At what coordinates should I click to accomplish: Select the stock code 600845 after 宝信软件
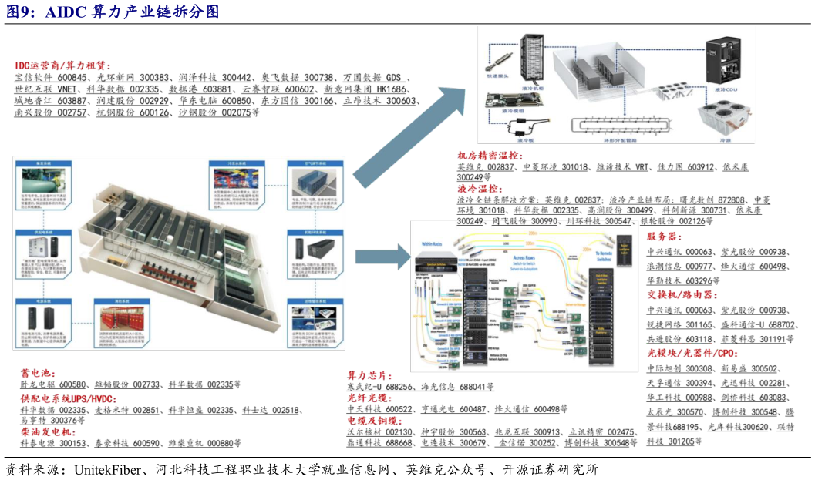(x=72, y=78)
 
